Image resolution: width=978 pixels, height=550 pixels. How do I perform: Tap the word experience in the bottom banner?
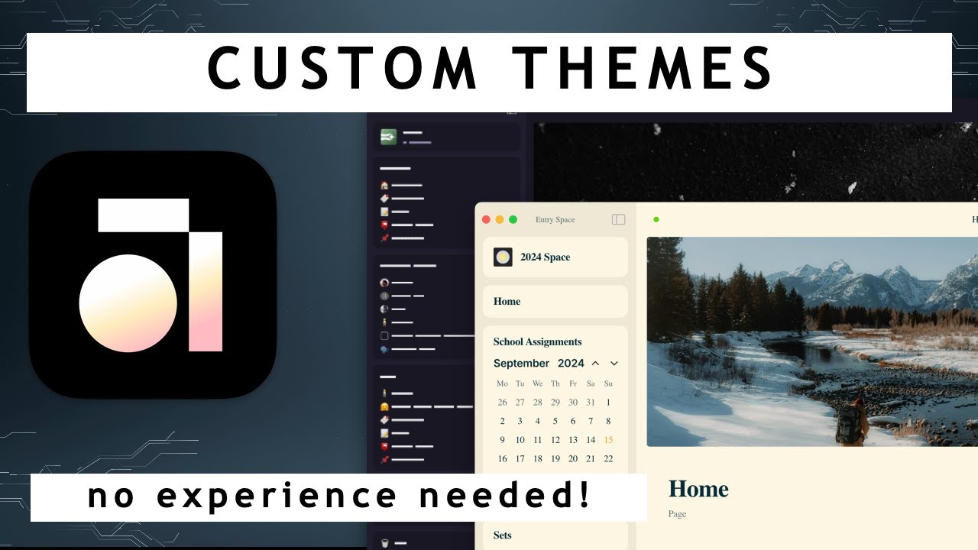point(277,497)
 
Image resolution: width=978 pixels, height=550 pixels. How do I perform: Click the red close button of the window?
point(486,220)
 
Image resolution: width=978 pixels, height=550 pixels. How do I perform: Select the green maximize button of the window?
point(513,220)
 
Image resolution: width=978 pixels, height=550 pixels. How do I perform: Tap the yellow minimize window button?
point(500,220)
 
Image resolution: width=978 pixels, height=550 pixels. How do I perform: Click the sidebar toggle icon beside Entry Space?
point(619,220)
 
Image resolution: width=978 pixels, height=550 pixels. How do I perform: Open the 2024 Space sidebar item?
point(545,257)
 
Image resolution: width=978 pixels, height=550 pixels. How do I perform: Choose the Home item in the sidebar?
point(507,302)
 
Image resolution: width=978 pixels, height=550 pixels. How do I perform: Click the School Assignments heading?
point(537,342)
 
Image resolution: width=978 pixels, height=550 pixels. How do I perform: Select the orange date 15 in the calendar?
point(608,440)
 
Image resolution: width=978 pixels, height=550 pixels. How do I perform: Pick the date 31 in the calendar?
point(591,403)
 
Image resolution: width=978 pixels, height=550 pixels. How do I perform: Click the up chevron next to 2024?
point(595,364)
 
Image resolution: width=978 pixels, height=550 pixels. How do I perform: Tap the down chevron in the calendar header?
point(614,364)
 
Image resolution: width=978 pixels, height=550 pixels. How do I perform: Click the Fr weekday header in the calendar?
point(573,383)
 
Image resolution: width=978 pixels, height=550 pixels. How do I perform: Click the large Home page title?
point(698,489)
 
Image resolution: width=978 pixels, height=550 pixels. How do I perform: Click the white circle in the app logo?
point(128,303)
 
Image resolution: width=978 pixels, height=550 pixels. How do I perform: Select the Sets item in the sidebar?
point(503,535)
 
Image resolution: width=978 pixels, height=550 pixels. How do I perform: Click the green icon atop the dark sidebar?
point(389,137)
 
